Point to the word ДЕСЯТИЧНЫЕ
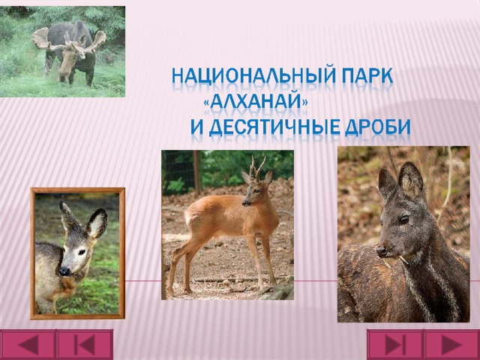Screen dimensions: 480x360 coord(274,127)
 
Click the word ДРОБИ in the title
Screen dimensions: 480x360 coord(377,127)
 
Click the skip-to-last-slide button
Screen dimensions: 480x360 coord(395,344)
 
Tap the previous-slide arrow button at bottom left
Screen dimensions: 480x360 coord(28,344)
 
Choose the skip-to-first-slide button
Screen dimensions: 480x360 coord(85,344)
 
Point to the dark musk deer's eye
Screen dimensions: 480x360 coord(403,219)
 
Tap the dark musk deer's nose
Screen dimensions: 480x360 coord(382,250)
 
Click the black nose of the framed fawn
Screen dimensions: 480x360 coord(64,271)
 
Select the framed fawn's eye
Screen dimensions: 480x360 coord(82,252)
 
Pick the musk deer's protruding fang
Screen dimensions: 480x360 coord(403,259)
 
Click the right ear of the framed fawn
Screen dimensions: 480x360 coord(97,223)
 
